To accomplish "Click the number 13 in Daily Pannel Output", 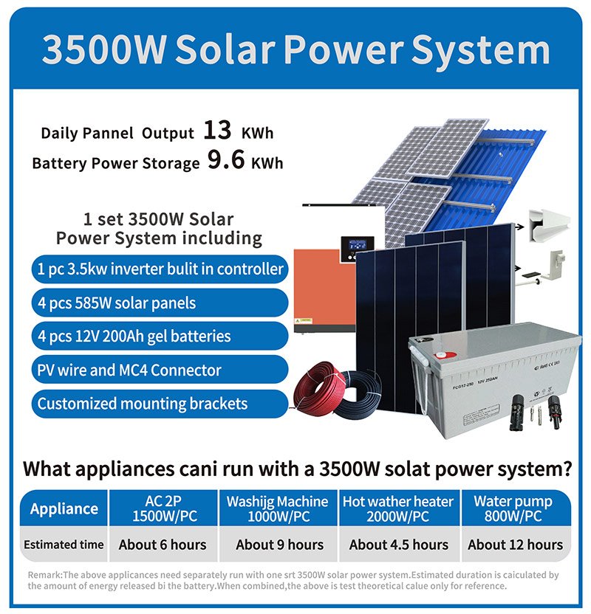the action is click(x=217, y=130).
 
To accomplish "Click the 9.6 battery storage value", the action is click(x=226, y=159).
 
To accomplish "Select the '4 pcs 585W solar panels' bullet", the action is click(x=160, y=303).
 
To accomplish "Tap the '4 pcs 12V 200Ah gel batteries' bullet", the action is click(x=160, y=336).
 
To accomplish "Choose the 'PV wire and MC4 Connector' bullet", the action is click(x=160, y=370).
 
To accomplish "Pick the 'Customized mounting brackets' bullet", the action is click(x=160, y=404).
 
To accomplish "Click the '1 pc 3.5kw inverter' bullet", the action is click(x=160, y=269).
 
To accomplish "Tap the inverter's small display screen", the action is click(x=357, y=245).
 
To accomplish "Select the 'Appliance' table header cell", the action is click(x=64, y=508).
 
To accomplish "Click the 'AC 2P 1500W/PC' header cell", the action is click(x=163, y=508).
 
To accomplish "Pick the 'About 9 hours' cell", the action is click(x=279, y=545).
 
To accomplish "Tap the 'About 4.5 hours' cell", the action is click(x=399, y=545).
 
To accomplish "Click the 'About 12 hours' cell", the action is click(x=516, y=545).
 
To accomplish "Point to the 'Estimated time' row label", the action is click(x=64, y=545).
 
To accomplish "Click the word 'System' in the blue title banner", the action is click(x=480, y=51).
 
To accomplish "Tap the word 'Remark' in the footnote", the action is click(x=44, y=575).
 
